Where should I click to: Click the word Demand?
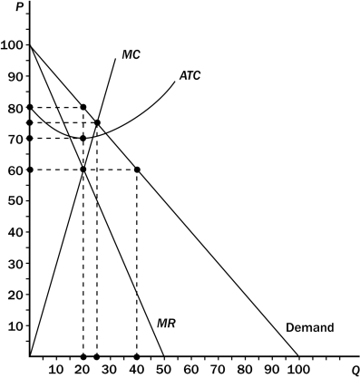coord(310,327)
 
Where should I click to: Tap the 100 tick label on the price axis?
coord(13,44)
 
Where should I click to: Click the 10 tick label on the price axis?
coord(15,325)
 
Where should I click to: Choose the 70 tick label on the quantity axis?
coord(218,369)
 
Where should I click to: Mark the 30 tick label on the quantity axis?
coord(110,369)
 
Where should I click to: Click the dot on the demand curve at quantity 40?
coord(137,170)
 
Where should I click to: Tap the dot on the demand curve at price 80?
coord(83,107)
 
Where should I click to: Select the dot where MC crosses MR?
coord(83,170)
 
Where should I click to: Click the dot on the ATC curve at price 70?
coord(83,138)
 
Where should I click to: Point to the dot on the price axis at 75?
coord(30,122)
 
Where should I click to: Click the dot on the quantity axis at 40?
coord(137,356)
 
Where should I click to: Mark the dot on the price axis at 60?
coord(30,170)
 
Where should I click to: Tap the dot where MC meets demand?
coord(97,122)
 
